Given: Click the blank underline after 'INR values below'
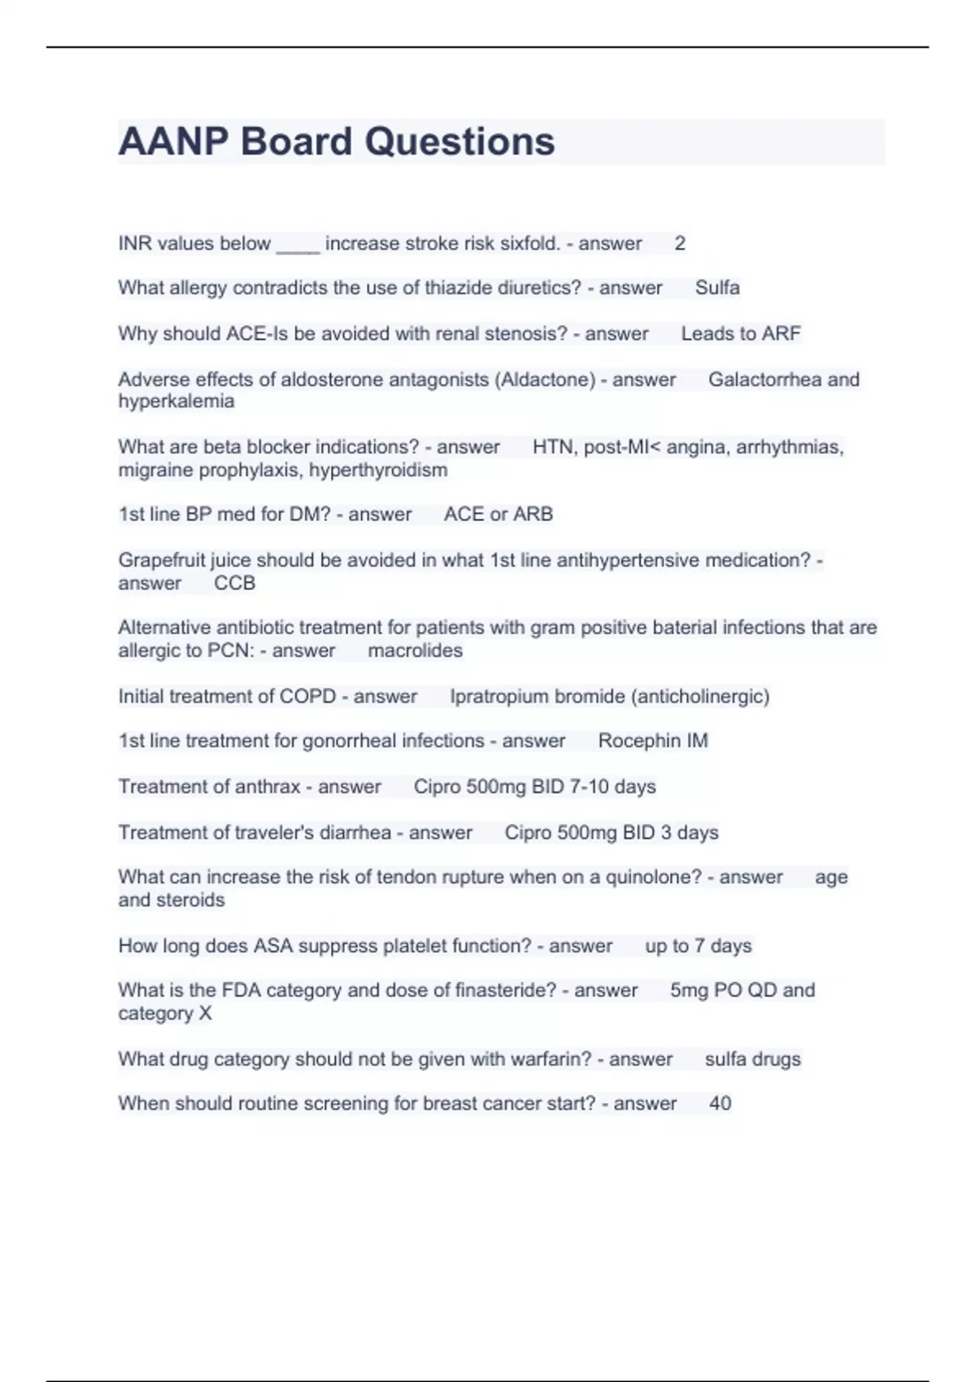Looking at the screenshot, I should (298, 244).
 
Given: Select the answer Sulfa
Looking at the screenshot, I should (717, 288).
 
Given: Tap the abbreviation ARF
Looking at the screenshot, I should (782, 333).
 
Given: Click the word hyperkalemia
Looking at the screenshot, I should (176, 402).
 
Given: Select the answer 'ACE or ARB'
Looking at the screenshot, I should (498, 515).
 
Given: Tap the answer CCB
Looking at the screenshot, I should (234, 583).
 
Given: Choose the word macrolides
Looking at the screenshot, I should (415, 650).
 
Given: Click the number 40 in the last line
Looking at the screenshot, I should (720, 1104).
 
